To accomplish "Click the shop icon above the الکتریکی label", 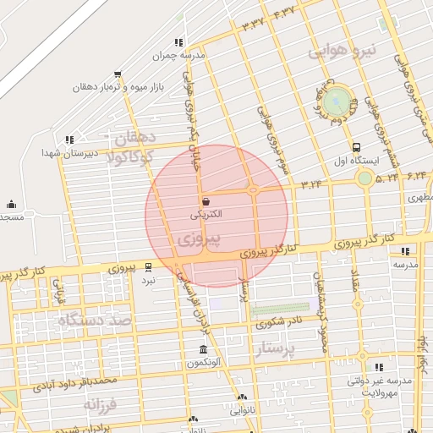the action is pos(207,200).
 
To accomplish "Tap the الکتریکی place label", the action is pos(207,215).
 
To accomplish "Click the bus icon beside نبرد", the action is pos(149,266).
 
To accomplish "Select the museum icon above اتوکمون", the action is pos(202,350).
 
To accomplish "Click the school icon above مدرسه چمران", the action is pos(178,42).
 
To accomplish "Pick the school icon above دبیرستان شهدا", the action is pos(69,140).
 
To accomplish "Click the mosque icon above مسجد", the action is pos(11,204).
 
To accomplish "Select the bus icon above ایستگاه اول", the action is pos(356,146).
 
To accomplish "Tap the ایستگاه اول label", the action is pos(358,160).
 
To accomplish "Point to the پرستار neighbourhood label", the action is pos(279,349).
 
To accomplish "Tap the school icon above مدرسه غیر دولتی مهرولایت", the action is pos(378,367).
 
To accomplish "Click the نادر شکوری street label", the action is pos(279,322).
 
